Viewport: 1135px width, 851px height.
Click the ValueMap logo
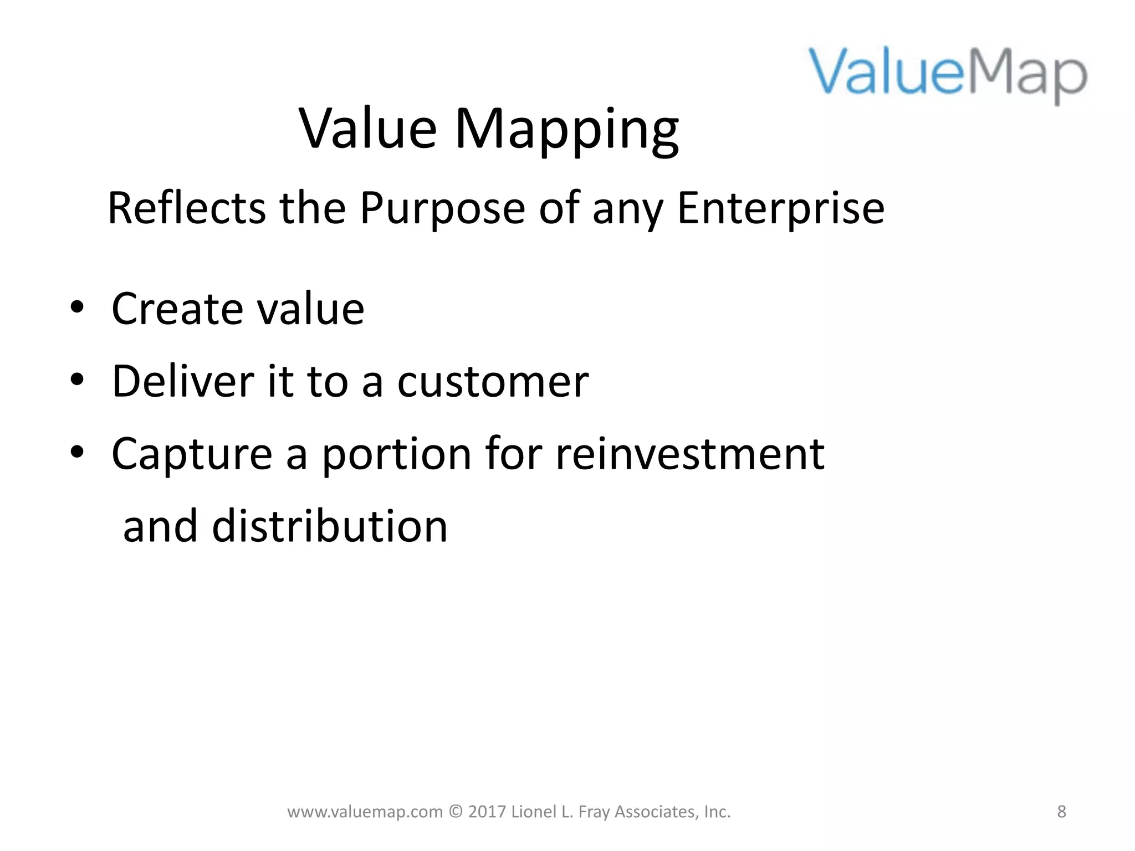pos(948,75)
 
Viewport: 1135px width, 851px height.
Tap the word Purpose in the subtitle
pos(442,208)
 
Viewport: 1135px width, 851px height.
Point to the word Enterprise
pos(780,208)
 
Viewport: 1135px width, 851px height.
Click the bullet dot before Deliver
pos(77,380)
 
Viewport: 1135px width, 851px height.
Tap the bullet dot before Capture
pos(77,453)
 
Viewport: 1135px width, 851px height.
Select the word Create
pos(176,309)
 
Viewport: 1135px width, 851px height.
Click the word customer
pos(493,382)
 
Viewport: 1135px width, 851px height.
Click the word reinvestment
pos(690,454)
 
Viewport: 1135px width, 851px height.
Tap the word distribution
pos(329,526)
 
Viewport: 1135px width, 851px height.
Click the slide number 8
pos(1061,812)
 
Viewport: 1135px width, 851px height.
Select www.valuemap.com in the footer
pos(365,812)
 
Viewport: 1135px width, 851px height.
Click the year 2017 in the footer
pos(487,812)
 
